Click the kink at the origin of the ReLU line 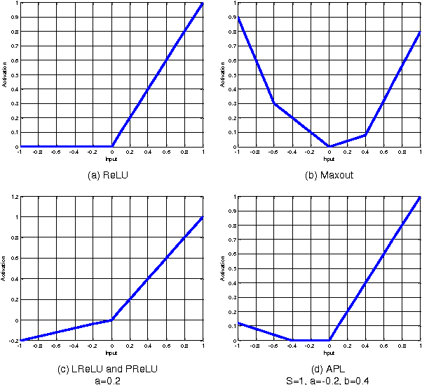click(112, 147)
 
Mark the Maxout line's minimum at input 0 click(329, 147)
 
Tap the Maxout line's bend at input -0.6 click(274, 103)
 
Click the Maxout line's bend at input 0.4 click(366, 135)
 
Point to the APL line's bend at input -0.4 click(292, 340)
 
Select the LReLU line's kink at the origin click(111, 320)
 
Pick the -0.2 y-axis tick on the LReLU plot click(13, 341)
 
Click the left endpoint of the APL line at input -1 click(238, 323)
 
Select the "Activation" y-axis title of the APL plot click(224, 269)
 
